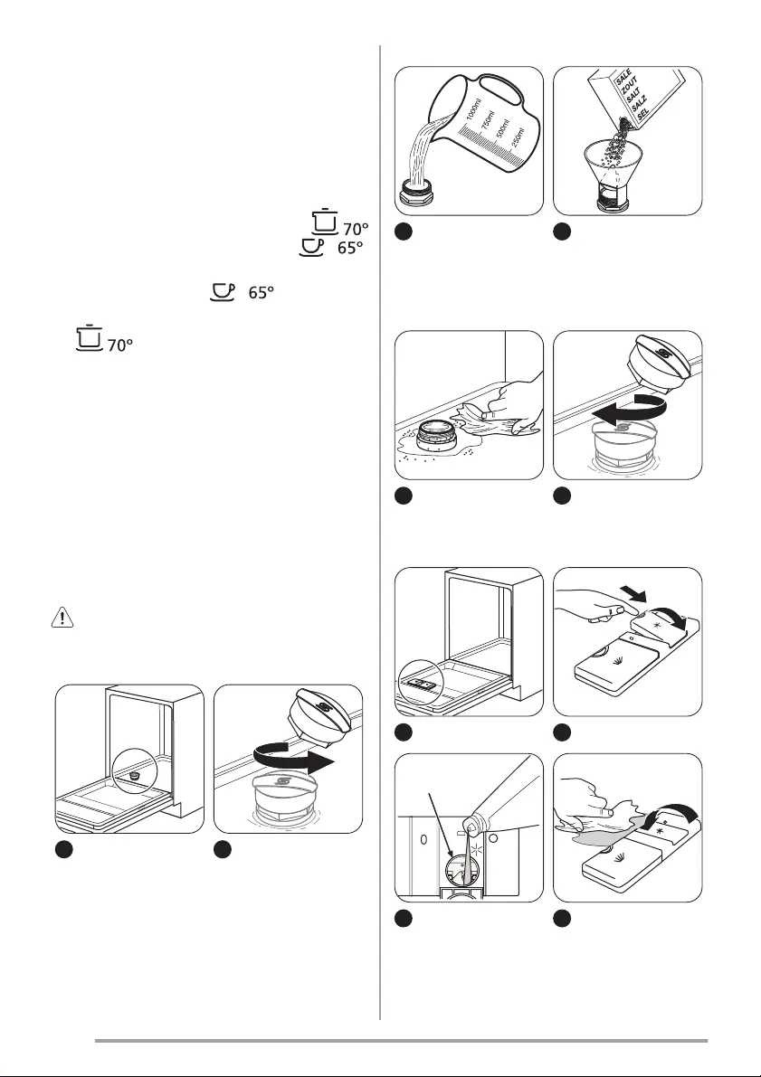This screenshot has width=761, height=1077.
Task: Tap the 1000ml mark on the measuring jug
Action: click(472, 110)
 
